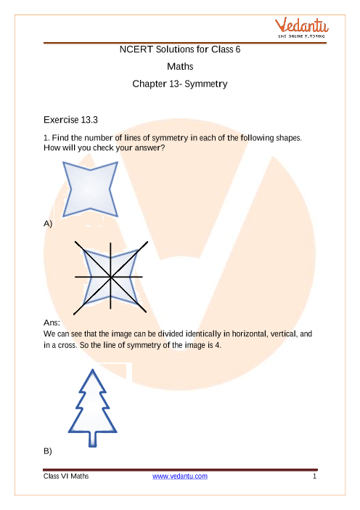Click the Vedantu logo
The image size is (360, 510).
[301, 28]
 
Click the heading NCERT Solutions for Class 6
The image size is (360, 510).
[180, 49]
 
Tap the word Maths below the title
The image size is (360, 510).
[180, 67]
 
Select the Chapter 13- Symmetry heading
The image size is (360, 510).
[180, 84]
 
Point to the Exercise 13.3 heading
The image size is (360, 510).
[70, 120]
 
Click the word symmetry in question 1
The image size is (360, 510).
[170, 138]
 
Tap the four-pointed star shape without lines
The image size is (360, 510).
[90, 189]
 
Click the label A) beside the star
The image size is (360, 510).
[48, 224]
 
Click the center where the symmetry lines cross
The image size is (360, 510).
[110, 277]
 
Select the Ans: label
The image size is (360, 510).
[52, 323]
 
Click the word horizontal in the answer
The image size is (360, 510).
[249, 333]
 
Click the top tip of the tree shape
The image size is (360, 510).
[93, 370]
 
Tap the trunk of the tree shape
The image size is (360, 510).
[93, 440]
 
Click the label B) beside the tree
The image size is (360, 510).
[48, 451]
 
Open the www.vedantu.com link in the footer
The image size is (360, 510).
[180, 476]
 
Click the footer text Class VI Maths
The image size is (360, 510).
[66, 476]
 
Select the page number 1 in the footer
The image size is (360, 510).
[314, 477]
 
